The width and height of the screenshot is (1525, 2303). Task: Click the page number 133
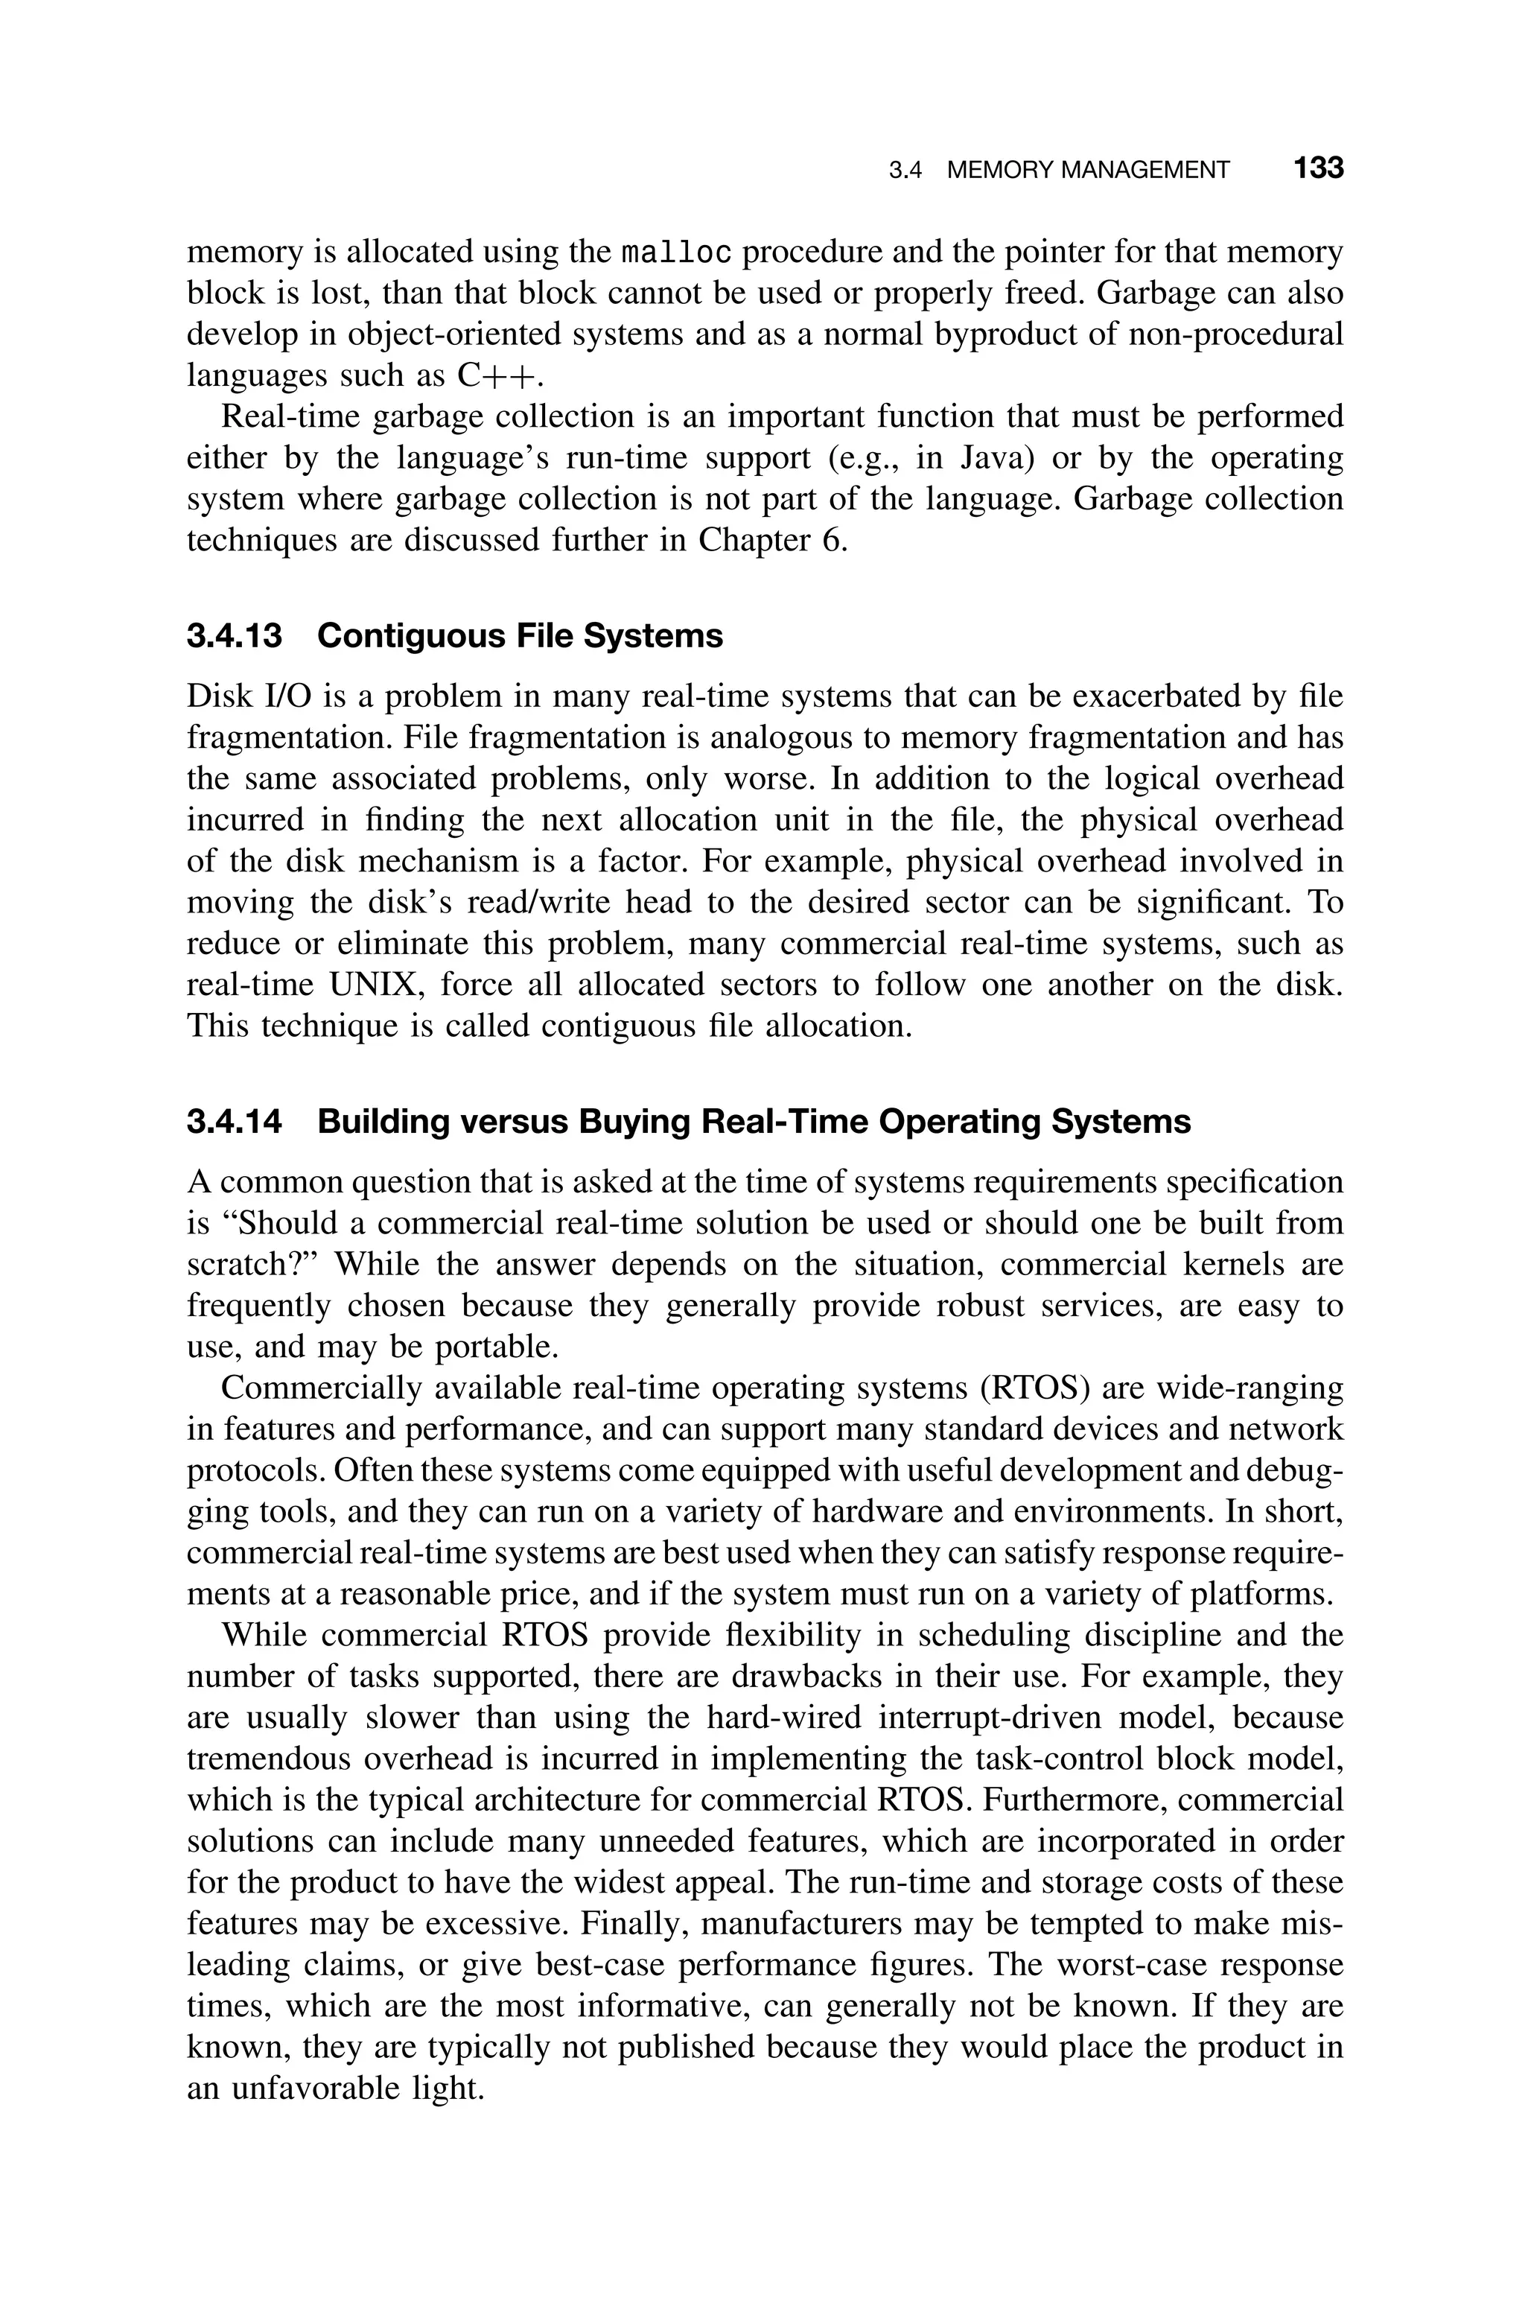(x=1318, y=169)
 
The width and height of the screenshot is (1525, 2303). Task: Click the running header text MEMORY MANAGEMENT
(x=1087, y=171)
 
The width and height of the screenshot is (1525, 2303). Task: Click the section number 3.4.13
(x=235, y=636)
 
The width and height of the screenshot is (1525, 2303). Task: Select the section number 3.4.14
(x=235, y=1122)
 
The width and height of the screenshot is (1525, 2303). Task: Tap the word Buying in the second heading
(x=634, y=1122)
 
